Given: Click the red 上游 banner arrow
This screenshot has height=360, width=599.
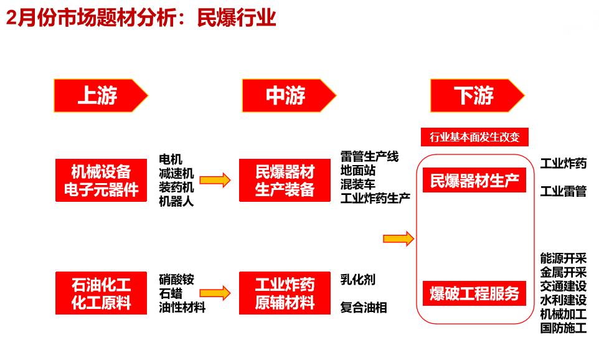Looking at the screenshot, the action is tap(101, 95).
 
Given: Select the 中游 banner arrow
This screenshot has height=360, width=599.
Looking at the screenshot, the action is tap(289, 95).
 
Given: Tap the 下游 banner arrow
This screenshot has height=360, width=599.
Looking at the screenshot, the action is tap(478, 95).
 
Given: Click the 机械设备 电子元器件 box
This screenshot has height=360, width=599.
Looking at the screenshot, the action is tap(101, 181).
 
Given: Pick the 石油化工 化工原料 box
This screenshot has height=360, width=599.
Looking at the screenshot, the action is tap(101, 293).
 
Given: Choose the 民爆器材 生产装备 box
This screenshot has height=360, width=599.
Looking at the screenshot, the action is tap(285, 181).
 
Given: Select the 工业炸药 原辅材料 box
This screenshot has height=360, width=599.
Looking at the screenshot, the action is tap(285, 293).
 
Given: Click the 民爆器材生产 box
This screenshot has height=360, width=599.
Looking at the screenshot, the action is tap(474, 181).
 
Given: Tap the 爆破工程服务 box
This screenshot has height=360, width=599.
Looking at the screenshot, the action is tap(474, 293).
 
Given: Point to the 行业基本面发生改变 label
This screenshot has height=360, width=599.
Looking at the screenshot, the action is tap(474, 137).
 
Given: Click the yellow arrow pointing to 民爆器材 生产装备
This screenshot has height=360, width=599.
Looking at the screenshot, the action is tap(215, 180).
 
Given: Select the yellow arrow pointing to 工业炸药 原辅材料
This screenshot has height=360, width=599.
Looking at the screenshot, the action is tap(215, 293).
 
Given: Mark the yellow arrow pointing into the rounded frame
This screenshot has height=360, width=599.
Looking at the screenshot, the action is tap(399, 239).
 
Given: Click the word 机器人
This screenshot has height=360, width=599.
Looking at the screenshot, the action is tap(176, 201).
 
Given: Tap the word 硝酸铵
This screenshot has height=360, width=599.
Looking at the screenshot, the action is tap(176, 280).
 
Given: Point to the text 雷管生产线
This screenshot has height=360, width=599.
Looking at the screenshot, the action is tap(369, 156).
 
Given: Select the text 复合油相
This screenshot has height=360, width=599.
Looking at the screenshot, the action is tap(364, 307).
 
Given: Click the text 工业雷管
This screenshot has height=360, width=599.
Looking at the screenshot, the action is tap(563, 191).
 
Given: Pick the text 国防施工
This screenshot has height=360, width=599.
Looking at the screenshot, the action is tap(563, 328).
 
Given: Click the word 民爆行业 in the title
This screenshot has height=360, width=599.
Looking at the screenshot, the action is tap(237, 17).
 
